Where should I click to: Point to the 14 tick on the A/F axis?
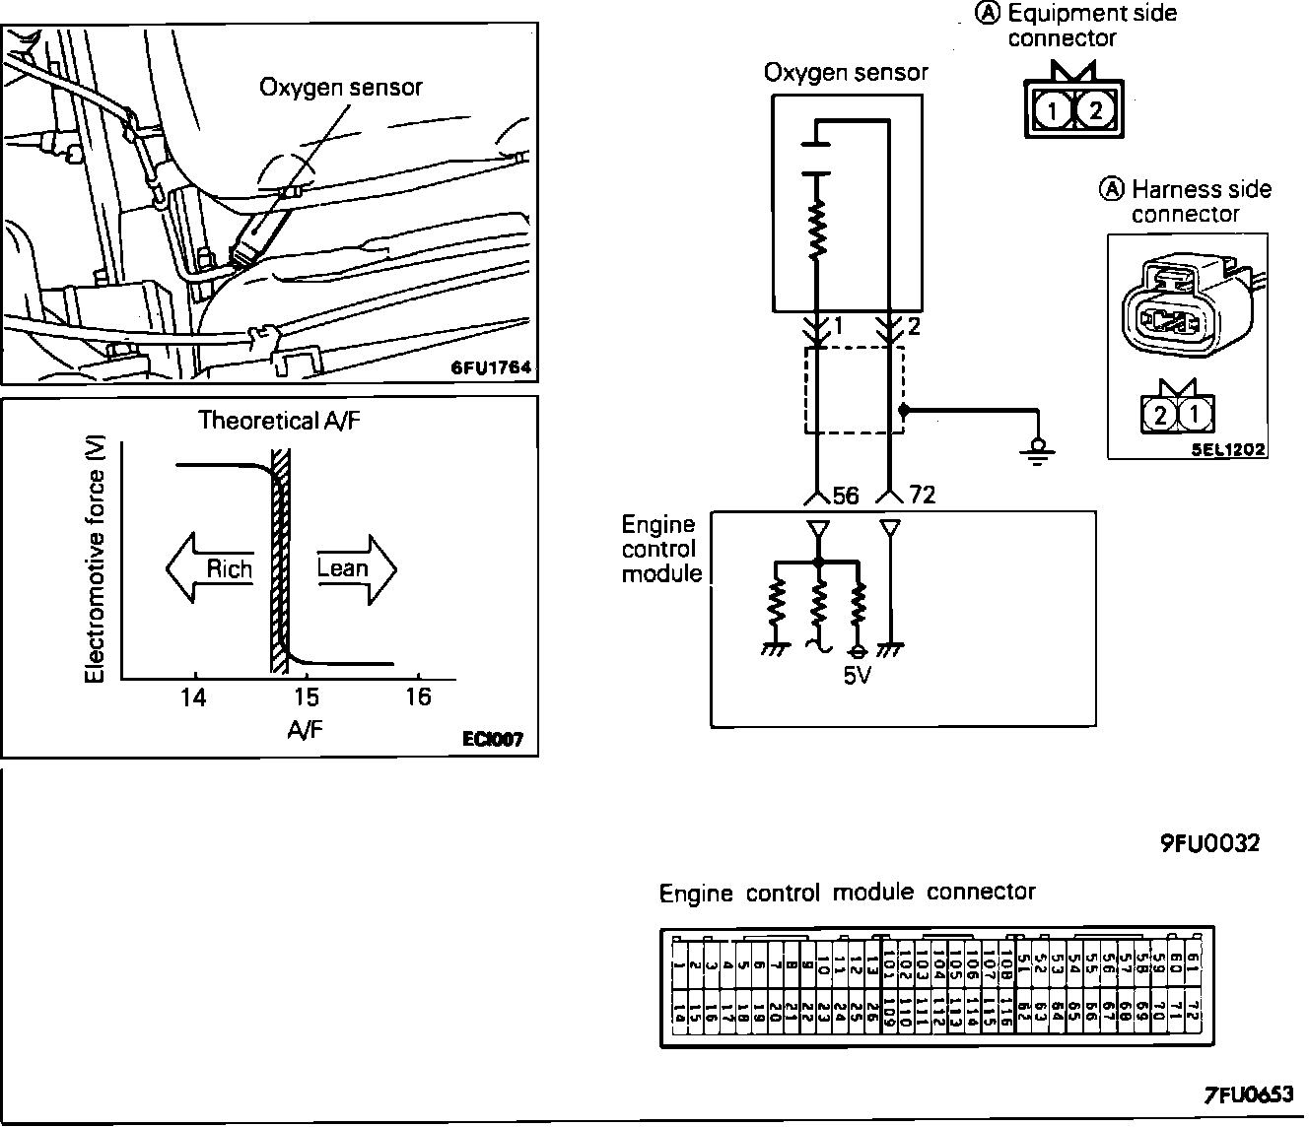pyautogui.click(x=194, y=697)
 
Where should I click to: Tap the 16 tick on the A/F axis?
pyautogui.click(x=418, y=696)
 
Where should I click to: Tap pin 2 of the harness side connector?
pyautogui.click(x=1160, y=415)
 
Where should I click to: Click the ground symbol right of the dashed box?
pyautogui.click(x=1036, y=450)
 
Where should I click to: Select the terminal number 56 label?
pyautogui.click(x=846, y=496)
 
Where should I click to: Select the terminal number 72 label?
pyautogui.click(x=922, y=496)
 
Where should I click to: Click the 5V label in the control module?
pyautogui.click(x=858, y=677)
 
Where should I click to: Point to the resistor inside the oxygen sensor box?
pyautogui.click(x=816, y=232)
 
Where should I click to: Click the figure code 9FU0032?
pyautogui.click(x=1208, y=843)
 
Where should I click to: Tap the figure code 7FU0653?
pyautogui.click(x=1247, y=1095)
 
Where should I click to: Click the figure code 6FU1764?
pyautogui.click(x=491, y=367)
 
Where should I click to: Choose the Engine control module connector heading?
pyautogui.click(x=847, y=893)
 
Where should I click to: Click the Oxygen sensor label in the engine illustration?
pyautogui.click(x=340, y=87)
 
